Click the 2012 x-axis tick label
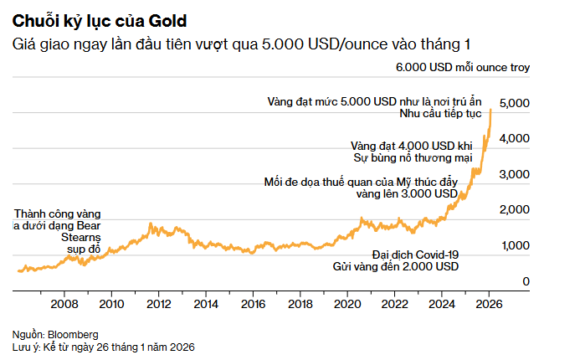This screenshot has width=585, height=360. click(x=160, y=303)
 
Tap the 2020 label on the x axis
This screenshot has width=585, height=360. click(x=347, y=303)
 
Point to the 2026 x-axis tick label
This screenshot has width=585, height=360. click(x=489, y=303)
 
